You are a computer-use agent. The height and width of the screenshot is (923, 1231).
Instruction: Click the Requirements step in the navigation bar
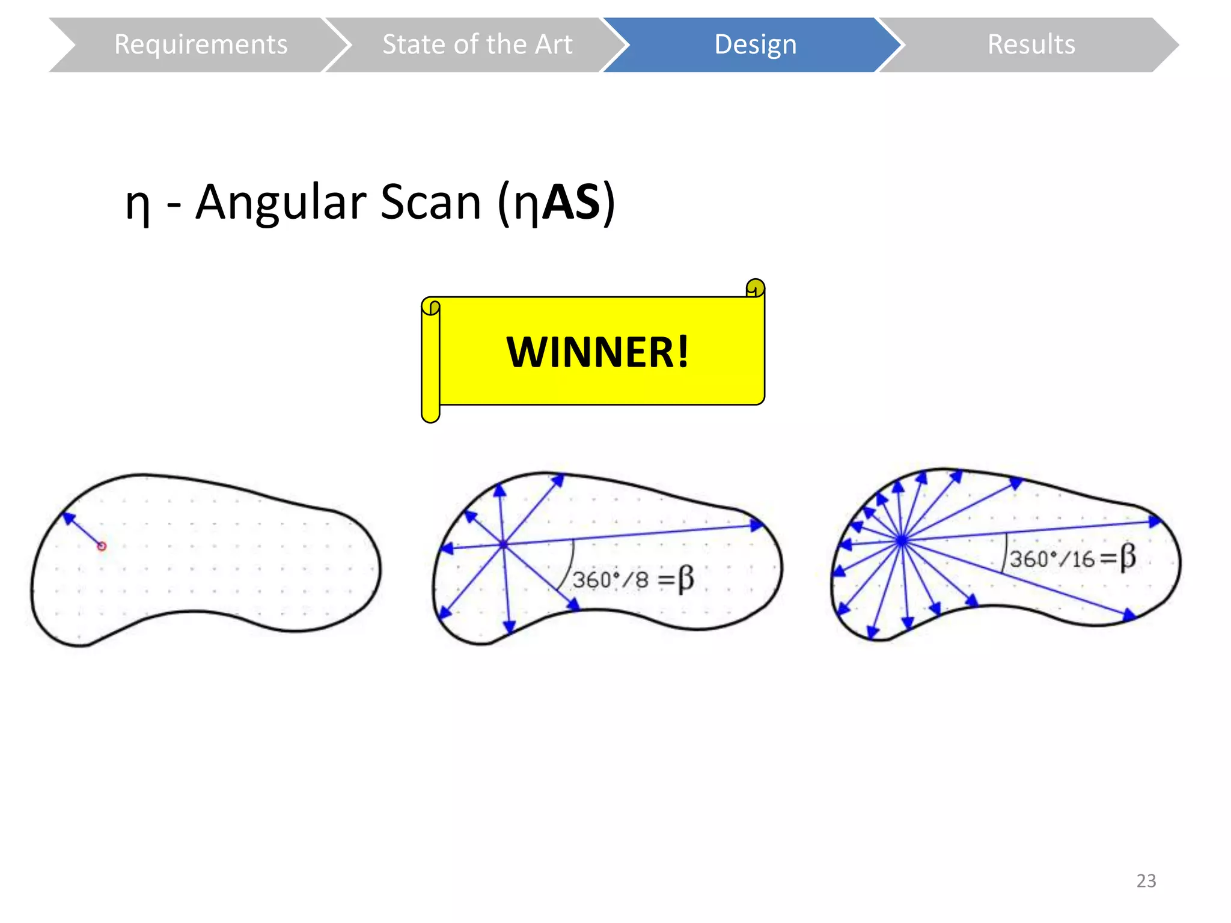200,44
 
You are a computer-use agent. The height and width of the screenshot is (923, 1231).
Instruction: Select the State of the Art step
477,44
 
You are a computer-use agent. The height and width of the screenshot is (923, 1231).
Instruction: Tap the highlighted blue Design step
755,44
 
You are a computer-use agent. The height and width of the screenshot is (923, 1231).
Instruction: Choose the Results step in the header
1031,44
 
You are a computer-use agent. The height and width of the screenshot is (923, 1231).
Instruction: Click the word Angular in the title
281,203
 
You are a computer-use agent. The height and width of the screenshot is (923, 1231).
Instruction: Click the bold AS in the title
571,203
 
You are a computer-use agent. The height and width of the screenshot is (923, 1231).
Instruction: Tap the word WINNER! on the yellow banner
597,352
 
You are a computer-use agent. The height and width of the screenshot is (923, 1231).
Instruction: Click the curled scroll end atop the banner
755,288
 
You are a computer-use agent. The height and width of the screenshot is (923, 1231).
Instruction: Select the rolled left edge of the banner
430,361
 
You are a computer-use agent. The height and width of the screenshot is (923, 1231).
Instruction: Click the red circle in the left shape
102,546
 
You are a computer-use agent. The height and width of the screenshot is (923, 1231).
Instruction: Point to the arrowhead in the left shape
68,517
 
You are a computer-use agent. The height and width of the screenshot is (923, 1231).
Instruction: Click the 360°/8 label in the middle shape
610,580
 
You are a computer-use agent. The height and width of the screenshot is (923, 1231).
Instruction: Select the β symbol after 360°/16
1128,556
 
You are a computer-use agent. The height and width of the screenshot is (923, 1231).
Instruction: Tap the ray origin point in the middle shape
503,544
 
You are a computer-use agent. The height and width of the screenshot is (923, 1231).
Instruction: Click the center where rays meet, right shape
902,541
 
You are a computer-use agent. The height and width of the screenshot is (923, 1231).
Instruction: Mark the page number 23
1146,880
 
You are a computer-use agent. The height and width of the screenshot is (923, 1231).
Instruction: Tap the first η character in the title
138,206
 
